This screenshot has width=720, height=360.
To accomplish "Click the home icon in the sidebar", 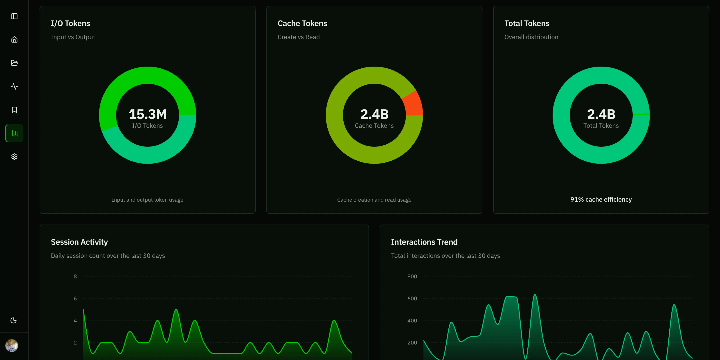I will tap(14, 40).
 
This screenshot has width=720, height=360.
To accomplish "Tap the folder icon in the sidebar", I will tap(14, 63).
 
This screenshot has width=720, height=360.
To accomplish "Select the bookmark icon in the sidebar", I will tap(14, 110).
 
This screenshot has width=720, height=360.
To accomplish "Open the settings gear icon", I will tap(14, 157).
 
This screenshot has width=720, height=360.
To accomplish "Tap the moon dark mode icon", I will tap(13, 320).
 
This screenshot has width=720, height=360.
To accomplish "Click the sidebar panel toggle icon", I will tap(14, 16).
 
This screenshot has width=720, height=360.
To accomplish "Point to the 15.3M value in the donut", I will tap(148, 114).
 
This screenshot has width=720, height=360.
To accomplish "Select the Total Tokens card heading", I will tap(526, 23).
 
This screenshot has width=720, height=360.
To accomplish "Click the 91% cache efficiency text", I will tap(601, 200).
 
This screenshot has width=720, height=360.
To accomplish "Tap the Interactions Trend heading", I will tap(424, 242).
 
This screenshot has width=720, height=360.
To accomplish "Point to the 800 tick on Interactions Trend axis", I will tap(412, 277).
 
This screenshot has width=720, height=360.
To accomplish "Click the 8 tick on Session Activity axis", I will tap(75, 277).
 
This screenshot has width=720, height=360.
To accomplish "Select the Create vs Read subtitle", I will tap(299, 37).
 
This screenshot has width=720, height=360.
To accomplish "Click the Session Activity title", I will tap(79, 242).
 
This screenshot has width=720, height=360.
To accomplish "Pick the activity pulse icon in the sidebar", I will tap(14, 86).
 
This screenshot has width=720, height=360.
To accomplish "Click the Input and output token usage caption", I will tap(147, 200).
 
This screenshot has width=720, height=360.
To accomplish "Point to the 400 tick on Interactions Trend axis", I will tap(412, 321).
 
